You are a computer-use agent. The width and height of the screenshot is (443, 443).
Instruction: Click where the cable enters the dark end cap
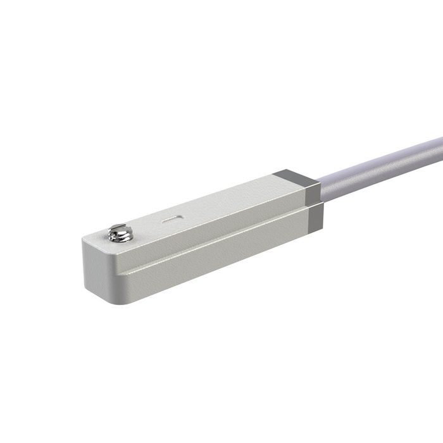tap(321, 190)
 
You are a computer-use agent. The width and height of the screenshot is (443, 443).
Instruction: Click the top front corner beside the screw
tap(89, 239)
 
